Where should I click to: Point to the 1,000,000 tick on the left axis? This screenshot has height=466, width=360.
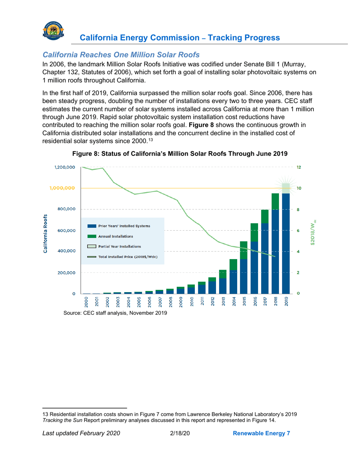pos(61,188)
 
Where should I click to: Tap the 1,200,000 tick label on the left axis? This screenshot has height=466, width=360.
pos(61,167)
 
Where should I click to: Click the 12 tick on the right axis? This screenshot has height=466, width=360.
pos(299,167)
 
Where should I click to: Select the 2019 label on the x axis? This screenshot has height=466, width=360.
pos(286,301)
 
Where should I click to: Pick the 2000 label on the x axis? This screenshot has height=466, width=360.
pos(87,301)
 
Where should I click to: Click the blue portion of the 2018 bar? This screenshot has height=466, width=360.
pos(275,250)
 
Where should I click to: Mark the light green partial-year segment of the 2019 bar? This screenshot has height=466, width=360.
pos(286,188)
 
